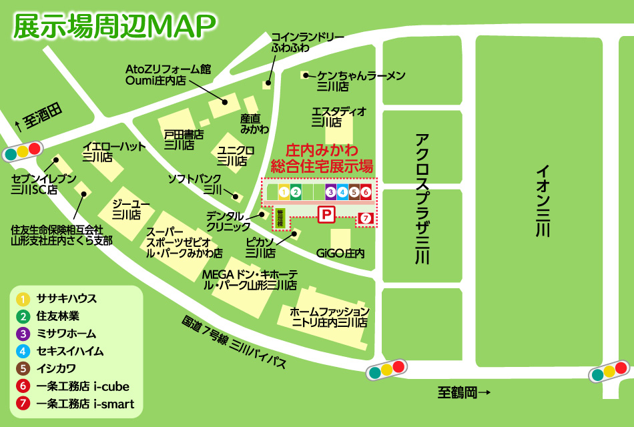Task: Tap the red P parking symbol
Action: [x=326, y=214]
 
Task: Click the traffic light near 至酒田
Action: [x=23, y=151]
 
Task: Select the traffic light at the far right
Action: [x=609, y=371]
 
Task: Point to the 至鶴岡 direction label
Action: [x=464, y=393]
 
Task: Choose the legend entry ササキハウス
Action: [x=67, y=299]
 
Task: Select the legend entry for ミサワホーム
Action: [x=67, y=334]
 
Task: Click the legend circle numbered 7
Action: [x=23, y=404]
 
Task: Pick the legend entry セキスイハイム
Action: [x=70, y=351]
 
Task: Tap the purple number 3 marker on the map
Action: [x=330, y=192]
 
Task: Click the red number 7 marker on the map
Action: [x=365, y=218]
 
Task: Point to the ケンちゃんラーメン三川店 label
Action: [x=360, y=81]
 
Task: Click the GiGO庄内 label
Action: [x=340, y=254]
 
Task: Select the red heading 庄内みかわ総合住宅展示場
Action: [x=321, y=158]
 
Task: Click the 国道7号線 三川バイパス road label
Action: [x=234, y=342]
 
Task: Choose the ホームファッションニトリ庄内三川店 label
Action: [x=329, y=317]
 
